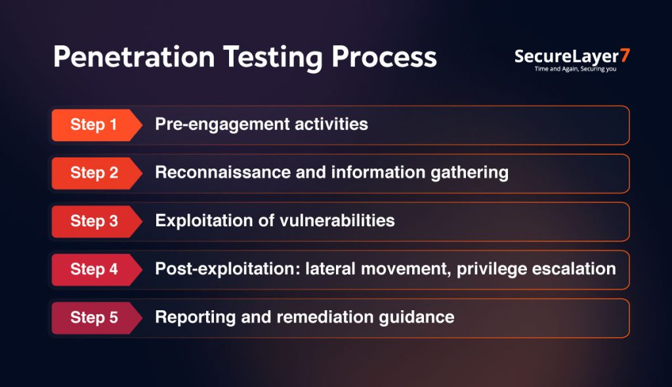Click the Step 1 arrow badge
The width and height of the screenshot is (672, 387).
click(x=96, y=125)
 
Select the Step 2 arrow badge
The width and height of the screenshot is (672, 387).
click(x=96, y=173)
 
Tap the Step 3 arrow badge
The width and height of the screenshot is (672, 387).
click(x=96, y=222)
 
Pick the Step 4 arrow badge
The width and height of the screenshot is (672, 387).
click(x=96, y=270)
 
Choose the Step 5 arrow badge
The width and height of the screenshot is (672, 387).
click(x=96, y=318)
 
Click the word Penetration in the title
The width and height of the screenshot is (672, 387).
click(x=134, y=57)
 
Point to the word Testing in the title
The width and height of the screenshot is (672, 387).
click(x=272, y=58)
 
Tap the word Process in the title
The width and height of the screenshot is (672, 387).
click(x=384, y=57)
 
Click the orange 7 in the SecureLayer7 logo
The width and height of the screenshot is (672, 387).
click(x=625, y=55)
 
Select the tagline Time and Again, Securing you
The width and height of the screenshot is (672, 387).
click(x=576, y=69)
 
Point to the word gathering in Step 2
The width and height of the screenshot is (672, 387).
click(x=469, y=173)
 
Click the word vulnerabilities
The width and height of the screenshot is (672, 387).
click(x=337, y=220)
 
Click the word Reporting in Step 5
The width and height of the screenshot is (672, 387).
click(x=196, y=317)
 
